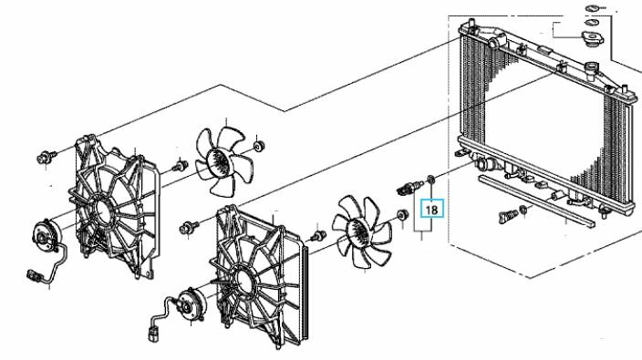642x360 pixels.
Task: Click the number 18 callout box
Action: point(431,209)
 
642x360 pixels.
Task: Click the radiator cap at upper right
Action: point(592,39)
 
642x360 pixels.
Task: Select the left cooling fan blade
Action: point(224,160)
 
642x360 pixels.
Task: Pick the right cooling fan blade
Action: point(362,231)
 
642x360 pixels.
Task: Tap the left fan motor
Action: point(45,236)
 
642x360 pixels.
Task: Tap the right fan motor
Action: point(190,304)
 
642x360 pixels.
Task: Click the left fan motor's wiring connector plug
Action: point(34,275)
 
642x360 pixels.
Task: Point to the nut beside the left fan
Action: point(259,146)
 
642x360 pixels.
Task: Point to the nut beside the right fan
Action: point(402,215)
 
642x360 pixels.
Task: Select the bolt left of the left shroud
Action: point(47,157)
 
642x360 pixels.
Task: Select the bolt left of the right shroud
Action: point(189,227)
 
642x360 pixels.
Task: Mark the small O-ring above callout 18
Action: point(430,179)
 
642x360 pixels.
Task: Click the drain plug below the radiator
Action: point(508,216)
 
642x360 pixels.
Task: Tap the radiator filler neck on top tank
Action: point(591,69)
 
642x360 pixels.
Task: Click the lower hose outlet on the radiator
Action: point(485,165)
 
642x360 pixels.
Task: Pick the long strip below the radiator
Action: point(536,201)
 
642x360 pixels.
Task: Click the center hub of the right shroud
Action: point(244,280)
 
